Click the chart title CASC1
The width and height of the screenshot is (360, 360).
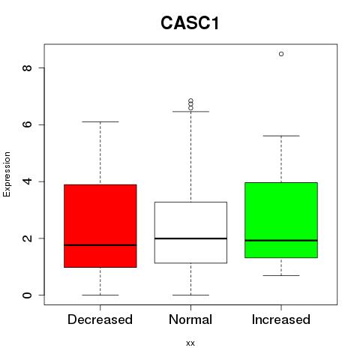click(190, 23)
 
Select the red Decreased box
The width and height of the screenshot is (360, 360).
click(100, 226)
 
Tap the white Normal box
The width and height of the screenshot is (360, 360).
click(190, 232)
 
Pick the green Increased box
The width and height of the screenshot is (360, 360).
click(281, 220)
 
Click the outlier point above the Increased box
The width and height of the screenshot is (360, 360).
click(281, 54)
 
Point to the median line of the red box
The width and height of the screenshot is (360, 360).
click(100, 245)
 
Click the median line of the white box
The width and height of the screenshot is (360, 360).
click(190, 238)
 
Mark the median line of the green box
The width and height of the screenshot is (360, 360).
click(281, 241)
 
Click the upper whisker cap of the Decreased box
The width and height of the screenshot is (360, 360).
click(100, 121)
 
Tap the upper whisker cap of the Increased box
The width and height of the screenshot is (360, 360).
click(281, 136)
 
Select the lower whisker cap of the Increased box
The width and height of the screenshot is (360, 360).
click(281, 275)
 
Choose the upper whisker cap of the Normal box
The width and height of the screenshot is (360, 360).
click(190, 112)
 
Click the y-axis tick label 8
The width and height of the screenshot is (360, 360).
click(27, 67)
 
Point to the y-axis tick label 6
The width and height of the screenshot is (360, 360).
click(27, 124)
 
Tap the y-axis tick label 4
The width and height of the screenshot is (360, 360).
click(27, 181)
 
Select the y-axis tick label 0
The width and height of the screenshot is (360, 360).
click(27, 295)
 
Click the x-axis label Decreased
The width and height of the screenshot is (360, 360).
click(100, 319)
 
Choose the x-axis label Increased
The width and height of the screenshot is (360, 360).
click(281, 319)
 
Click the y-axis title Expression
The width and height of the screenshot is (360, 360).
click(7, 174)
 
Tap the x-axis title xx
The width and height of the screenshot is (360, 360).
click(190, 343)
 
